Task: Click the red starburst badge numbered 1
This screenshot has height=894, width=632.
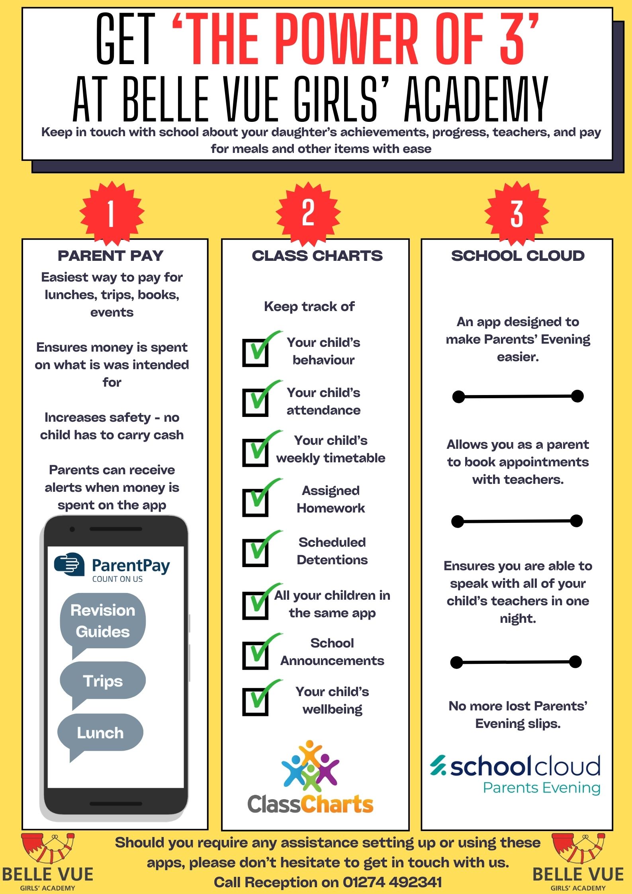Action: point(112,213)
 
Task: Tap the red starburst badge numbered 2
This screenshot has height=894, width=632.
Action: point(308,213)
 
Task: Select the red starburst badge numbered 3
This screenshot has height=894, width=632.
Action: point(517,213)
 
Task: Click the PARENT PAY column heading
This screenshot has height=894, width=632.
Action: point(111,256)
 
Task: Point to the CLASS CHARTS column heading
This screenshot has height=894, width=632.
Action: point(317,256)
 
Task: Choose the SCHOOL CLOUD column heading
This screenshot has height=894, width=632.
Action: point(518,256)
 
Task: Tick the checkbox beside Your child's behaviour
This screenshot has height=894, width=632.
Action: point(255,352)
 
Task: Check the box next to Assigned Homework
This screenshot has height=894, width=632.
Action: point(255,503)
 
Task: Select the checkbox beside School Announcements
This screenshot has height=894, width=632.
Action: point(255,655)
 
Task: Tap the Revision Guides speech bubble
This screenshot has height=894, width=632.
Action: point(103,621)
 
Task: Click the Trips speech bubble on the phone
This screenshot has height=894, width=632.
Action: point(103,681)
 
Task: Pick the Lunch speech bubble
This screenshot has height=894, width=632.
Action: point(100,733)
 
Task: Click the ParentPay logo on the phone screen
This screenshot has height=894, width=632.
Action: point(112,567)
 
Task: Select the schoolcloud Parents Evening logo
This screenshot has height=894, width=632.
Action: point(516,775)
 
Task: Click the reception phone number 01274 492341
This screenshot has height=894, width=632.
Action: point(392,882)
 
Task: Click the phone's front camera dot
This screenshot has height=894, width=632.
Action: point(72,529)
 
